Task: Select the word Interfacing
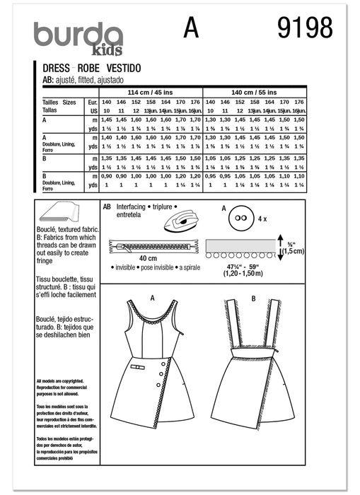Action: (x=128, y=207)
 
